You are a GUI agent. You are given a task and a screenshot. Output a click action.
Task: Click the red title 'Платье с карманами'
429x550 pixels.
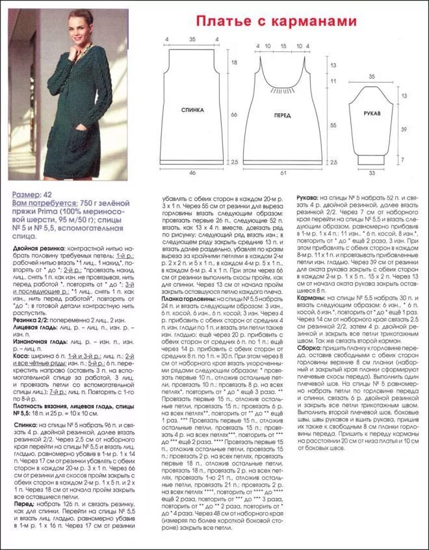[277, 22]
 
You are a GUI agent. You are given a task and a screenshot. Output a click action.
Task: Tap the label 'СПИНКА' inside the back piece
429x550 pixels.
[193, 111]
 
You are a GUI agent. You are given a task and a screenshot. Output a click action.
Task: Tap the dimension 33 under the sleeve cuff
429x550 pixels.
[372, 174]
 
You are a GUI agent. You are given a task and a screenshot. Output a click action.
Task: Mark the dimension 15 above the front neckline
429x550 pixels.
[283, 46]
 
